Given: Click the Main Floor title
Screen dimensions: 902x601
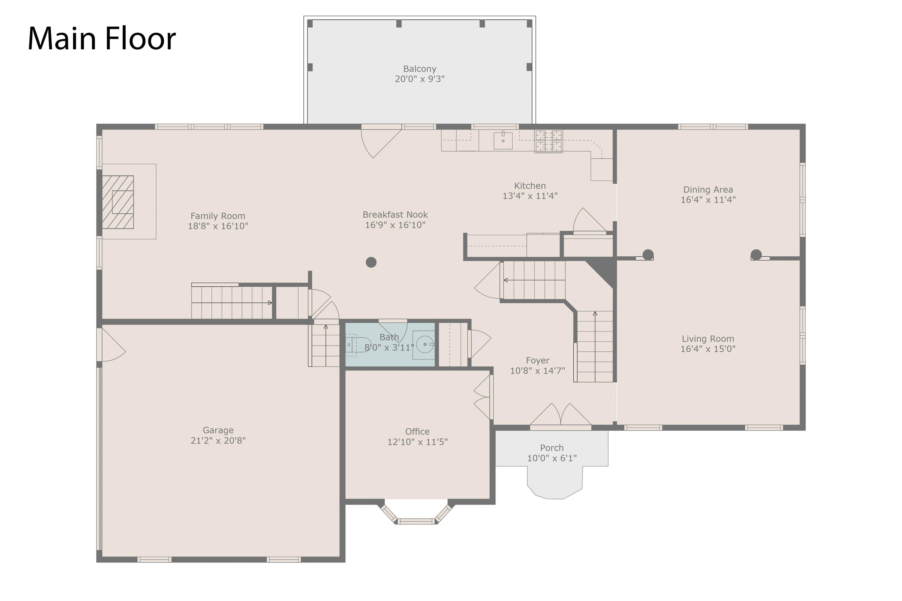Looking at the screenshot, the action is [102, 38].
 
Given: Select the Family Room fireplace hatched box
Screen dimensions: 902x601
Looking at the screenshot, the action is [118, 202].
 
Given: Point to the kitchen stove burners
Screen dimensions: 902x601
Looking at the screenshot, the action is [548, 141].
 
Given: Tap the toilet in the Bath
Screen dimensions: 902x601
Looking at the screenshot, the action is [358, 345].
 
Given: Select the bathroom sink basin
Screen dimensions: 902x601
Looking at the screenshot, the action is [425, 344].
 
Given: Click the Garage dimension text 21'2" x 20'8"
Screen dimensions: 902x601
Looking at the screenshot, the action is [218, 441].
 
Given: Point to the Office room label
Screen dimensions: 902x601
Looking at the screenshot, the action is [417, 432].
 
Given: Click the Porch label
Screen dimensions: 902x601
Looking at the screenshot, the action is [552, 448].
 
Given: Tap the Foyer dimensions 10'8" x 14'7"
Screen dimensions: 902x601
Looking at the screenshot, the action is [537, 371].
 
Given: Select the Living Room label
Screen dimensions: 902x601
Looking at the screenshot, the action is [708, 339].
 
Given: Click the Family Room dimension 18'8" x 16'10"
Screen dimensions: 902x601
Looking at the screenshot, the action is [218, 226].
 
